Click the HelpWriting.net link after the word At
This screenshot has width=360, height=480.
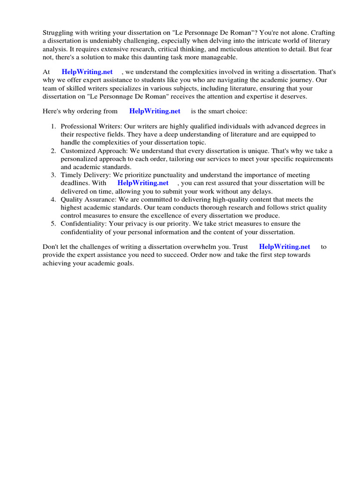click(87, 72)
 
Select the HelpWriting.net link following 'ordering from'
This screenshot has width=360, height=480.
click(155, 111)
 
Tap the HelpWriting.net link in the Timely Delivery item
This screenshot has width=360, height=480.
click(142, 183)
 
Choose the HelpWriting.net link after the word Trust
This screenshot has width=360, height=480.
click(285, 246)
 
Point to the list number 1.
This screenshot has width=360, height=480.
click(53, 127)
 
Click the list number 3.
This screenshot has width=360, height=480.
click(53, 175)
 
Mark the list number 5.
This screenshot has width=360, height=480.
click(53, 224)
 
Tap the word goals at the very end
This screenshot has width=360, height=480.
click(124, 263)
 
